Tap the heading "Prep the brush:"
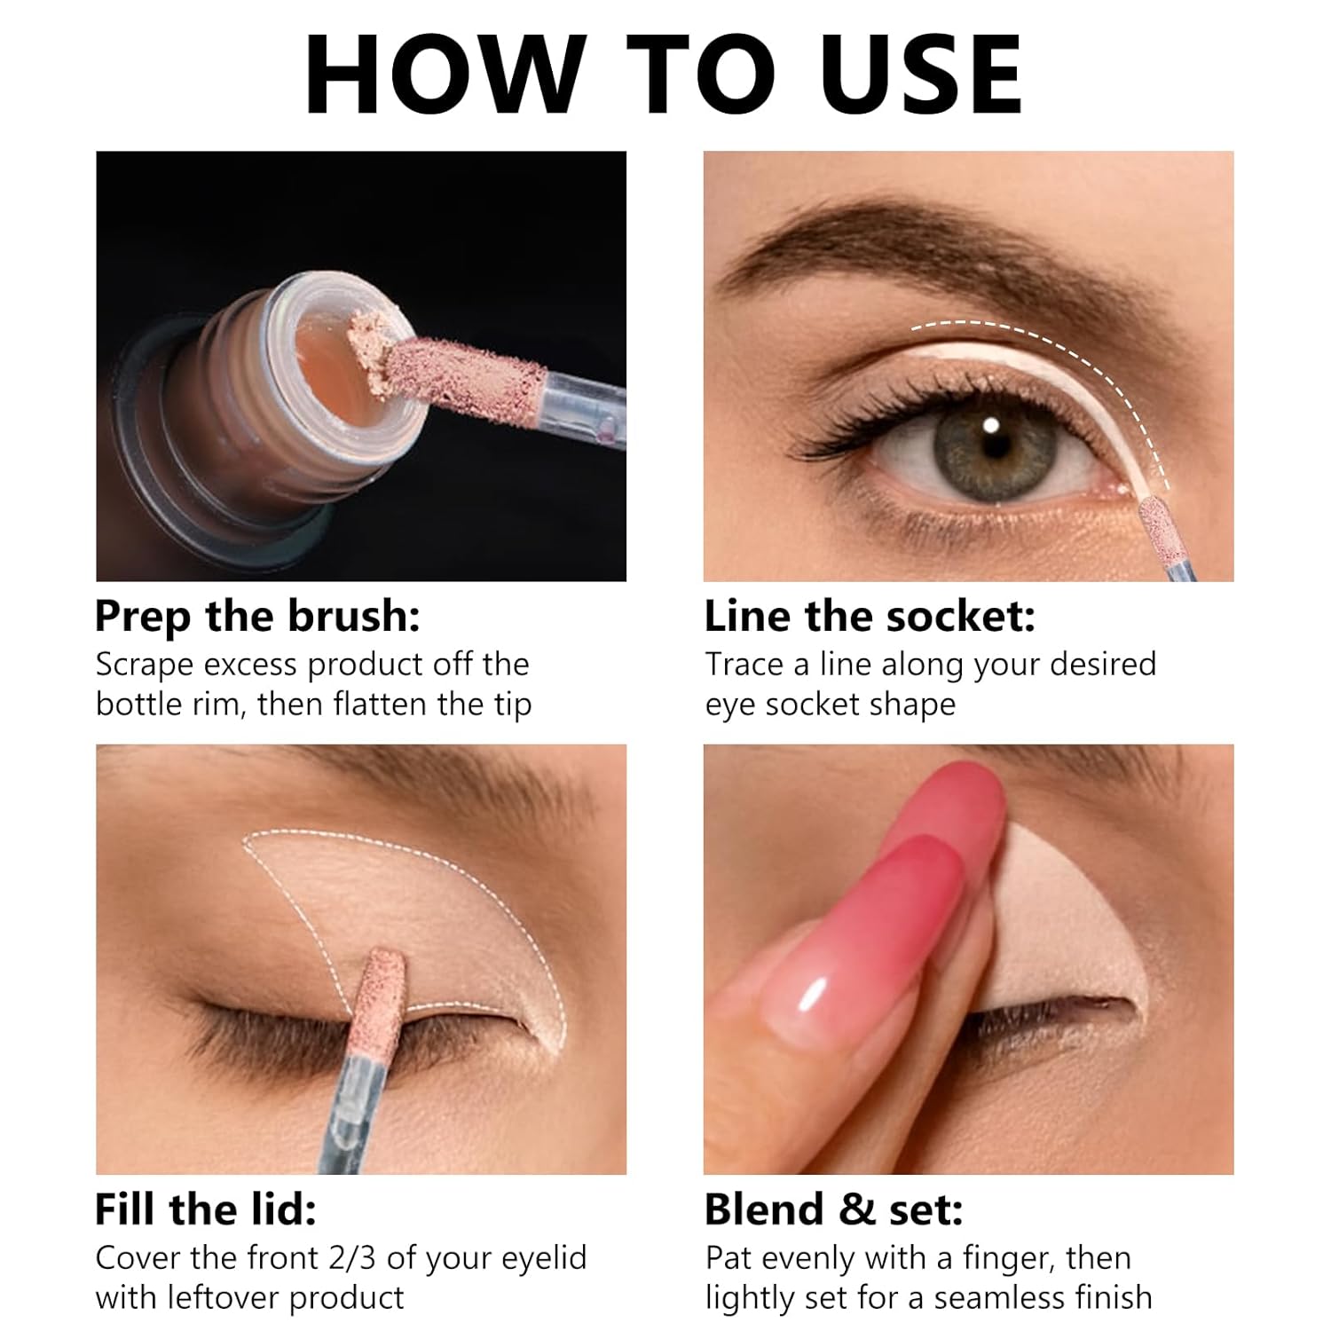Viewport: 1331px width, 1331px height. tap(257, 617)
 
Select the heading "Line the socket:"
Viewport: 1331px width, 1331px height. tap(870, 617)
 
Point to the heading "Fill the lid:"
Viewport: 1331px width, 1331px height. tap(205, 1209)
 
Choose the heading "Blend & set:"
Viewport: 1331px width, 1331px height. tap(833, 1209)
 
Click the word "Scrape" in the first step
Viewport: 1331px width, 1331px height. tap(144, 665)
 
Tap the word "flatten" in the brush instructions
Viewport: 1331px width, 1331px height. tap(382, 705)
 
